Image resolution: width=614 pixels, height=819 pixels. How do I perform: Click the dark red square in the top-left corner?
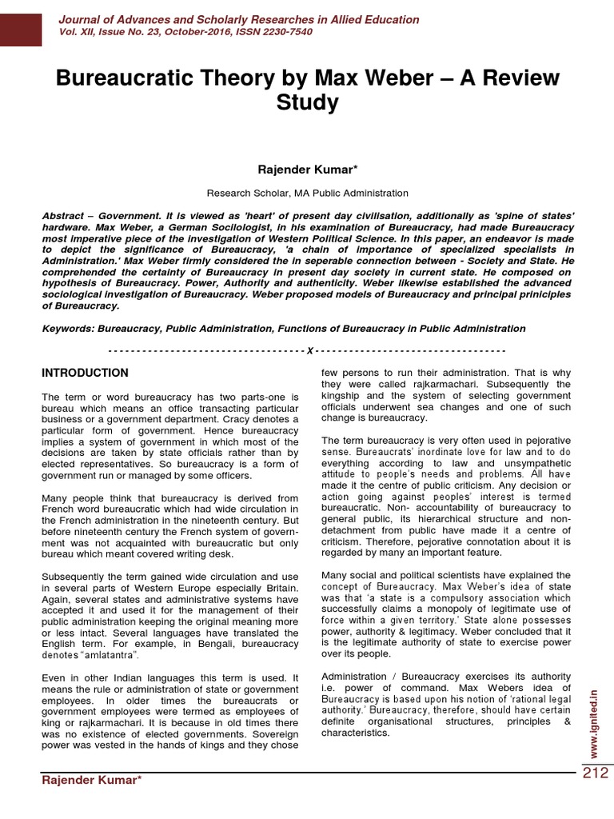tap(21, 23)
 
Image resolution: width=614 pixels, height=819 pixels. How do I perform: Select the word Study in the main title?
tap(307, 103)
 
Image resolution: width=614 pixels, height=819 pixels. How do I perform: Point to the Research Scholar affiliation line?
tap(307, 193)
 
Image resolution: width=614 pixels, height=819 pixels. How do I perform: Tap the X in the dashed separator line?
tap(309, 351)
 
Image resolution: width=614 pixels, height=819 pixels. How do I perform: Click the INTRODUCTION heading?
tap(85, 373)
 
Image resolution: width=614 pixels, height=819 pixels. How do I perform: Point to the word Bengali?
tap(211, 644)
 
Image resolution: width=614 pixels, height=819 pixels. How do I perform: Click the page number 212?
tap(595, 773)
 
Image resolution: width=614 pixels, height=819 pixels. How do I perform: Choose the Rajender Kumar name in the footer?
tap(91, 780)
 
